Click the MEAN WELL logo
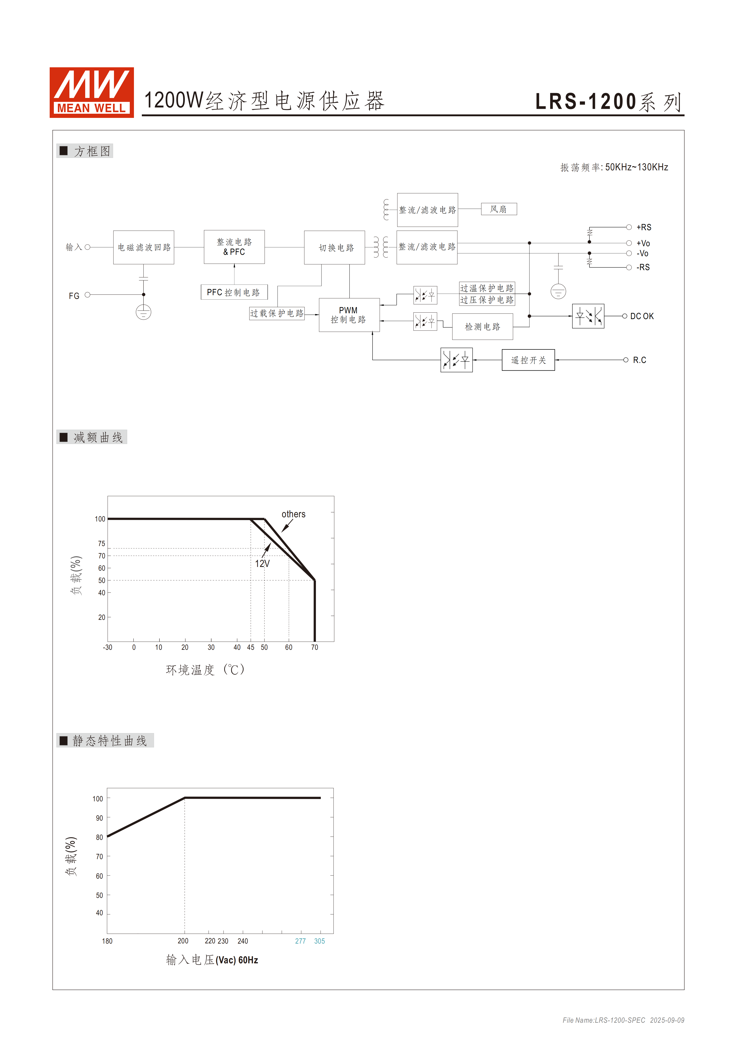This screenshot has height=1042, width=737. point(92,93)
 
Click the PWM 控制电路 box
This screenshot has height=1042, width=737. point(349,315)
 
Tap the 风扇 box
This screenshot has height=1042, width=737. point(499,209)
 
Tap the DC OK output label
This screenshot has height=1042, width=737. point(642,316)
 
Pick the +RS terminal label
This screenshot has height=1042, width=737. point(643,227)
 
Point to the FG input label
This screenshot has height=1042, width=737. point(74,296)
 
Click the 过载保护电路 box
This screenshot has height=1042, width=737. point(277,313)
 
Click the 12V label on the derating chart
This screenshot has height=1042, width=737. point(262,564)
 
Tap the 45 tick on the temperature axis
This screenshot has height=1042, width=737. point(250,648)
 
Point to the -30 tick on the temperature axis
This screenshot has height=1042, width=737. point(107,648)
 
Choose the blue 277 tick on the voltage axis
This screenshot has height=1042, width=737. point(300,941)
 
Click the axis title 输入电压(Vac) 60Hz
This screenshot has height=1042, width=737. point(212,960)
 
